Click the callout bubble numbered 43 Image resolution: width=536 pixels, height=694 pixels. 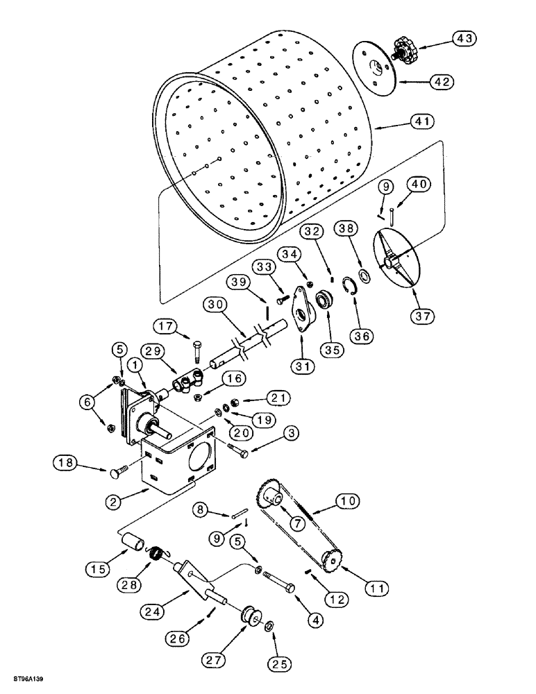point(465,39)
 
